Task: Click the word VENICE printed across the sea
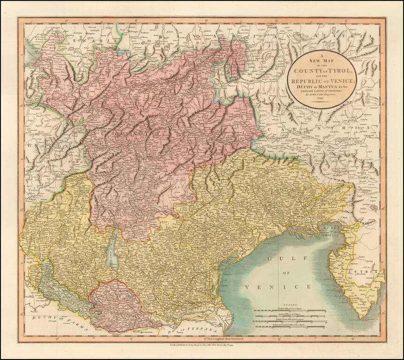tap(277, 286)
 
